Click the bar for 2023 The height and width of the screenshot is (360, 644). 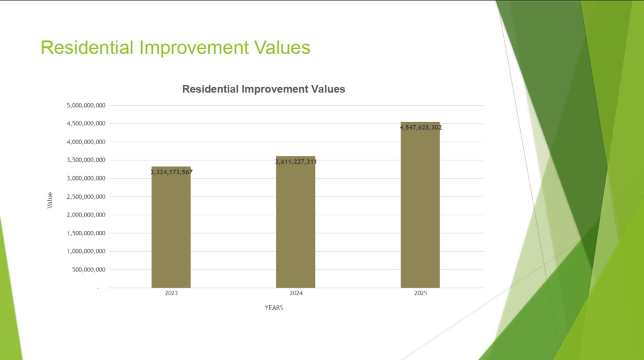pyautogui.click(x=171, y=227)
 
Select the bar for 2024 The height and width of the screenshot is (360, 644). pyautogui.click(x=296, y=222)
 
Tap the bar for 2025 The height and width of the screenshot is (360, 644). pyautogui.click(x=420, y=205)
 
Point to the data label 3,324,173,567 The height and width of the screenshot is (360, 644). pyautogui.click(x=171, y=172)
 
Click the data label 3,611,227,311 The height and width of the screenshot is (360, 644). pyautogui.click(x=296, y=162)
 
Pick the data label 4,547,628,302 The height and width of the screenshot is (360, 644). pyautogui.click(x=421, y=127)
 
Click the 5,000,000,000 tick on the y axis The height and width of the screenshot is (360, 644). pyautogui.click(x=86, y=106)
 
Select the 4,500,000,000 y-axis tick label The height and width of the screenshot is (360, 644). pyautogui.click(x=86, y=124)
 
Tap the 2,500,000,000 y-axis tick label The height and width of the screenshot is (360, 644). pyautogui.click(x=86, y=197)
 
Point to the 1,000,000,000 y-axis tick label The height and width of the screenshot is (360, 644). pyautogui.click(x=86, y=252)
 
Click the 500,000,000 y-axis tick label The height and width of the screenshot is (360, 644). pyautogui.click(x=89, y=269)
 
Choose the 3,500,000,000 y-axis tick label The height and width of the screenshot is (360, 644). pyautogui.click(x=86, y=160)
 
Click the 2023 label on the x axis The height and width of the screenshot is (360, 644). pyautogui.click(x=171, y=293)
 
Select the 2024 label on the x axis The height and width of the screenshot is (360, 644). pyautogui.click(x=296, y=293)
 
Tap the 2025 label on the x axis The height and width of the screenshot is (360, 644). pyautogui.click(x=421, y=293)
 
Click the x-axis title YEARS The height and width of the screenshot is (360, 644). pyautogui.click(x=274, y=308)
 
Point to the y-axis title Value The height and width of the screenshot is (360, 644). pyautogui.click(x=50, y=200)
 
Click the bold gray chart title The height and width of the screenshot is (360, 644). pyautogui.click(x=264, y=89)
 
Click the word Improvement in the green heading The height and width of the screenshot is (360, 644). pyautogui.click(x=194, y=48)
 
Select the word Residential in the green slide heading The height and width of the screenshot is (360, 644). pyautogui.click(x=87, y=48)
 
